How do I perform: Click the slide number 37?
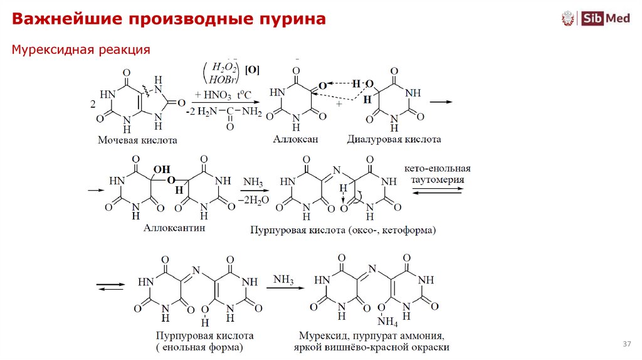pyautogui.click(x=626, y=344)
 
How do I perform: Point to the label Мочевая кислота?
pyautogui.click(x=137, y=140)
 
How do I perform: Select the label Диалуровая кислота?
pyautogui.click(x=394, y=139)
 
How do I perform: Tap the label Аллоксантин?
pyautogui.click(x=174, y=228)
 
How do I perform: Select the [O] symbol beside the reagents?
pyautogui.click(x=253, y=70)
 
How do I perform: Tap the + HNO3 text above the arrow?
pyautogui.click(x=210, y=95)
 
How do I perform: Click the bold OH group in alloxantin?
pyautogui.click(x=161, y=169)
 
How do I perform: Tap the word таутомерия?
pyautogui.click(x=436, y=179)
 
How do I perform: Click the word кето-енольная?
pyautogui.click(x=436, y=169)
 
